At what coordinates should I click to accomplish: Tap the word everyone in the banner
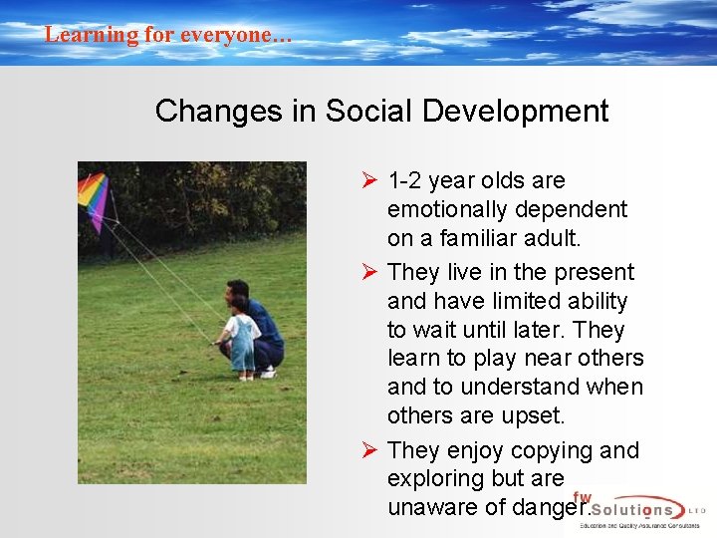(235, 35)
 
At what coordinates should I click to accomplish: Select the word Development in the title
(515, 112)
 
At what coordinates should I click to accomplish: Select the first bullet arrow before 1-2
(368, 181)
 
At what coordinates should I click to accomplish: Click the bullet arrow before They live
(368, 272)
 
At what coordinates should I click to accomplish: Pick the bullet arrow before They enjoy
(368, 450)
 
